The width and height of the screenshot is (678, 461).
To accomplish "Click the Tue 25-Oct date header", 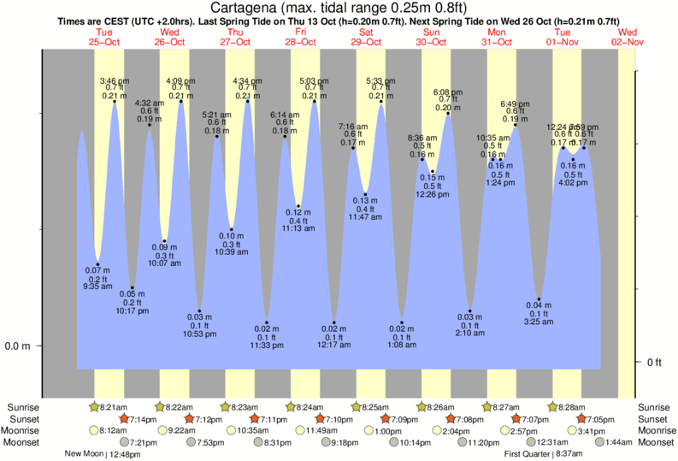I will [104, 37].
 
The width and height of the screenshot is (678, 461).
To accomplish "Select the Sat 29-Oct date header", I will [366, 37].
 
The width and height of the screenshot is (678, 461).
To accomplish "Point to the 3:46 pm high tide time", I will [115, 79].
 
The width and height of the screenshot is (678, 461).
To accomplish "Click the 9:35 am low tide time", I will [97, 286].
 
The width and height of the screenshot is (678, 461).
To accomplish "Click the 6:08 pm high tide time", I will [448, 91].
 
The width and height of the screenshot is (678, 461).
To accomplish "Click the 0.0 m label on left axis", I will [19, 346].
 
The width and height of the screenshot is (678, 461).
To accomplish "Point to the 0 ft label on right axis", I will [655, 363].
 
